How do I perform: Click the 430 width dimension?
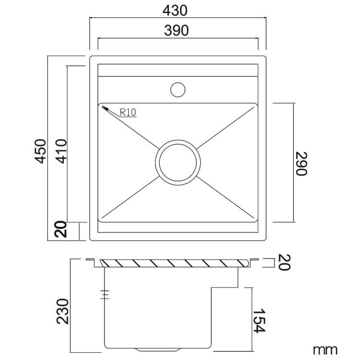[175, 11]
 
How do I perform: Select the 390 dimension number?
[176, 31]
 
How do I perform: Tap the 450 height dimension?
[41, 151]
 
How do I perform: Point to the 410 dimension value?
[61, 151]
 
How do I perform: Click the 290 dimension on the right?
[301, 164]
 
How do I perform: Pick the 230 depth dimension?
[63, 312]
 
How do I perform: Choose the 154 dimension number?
[259, 321]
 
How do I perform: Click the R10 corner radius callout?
[128, 112]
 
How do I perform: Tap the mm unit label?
[325, 350]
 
